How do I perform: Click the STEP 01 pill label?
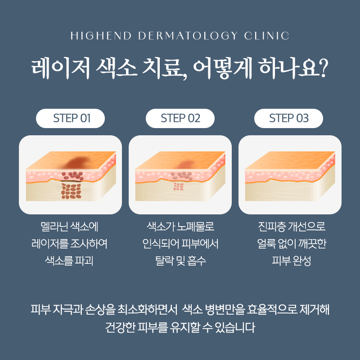(x=70, y=118)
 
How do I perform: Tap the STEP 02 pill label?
(x=180, y=118)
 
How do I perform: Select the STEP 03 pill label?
(x=288, y=118)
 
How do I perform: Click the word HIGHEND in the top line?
(x=101, y=36)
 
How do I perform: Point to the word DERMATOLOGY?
(x=188, y=36)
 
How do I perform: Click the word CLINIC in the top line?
(x=266, y=36)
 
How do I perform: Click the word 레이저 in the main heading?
(x=60, y=68)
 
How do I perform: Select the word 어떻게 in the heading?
(x=223, y=68)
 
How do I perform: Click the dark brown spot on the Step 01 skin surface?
(x=77, y=162)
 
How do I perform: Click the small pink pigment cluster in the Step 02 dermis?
(x=178, y=187)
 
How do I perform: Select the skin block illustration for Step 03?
(x=290, y=176)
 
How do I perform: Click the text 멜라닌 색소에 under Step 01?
(x=69, y=227)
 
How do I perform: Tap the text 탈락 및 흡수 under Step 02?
(x=180, y=261)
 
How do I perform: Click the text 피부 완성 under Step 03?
(x=291, y=261)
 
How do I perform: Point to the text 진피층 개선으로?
(x=292, y=227)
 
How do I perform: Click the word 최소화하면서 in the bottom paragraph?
(x=147, y=310)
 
